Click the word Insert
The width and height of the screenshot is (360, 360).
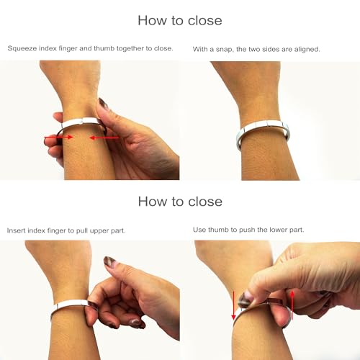pyautogui.click(x=16, y=230)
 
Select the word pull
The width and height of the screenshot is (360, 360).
pyautogui.click(x=82, y=230)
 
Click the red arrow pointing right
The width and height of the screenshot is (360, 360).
pyautogui.click(x=58, y=137)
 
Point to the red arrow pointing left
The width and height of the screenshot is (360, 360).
pyautogui.click(x=104, y=138)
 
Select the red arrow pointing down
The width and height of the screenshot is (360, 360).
pyautogui.click(x=233, y=305)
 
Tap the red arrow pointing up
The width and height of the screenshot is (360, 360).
pyautogui.click(x=292, y=305)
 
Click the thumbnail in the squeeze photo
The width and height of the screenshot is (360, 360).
pyautogui.click(x=104, y=104)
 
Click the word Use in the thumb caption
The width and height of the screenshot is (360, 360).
pyautogui.click(x=199, y=230)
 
